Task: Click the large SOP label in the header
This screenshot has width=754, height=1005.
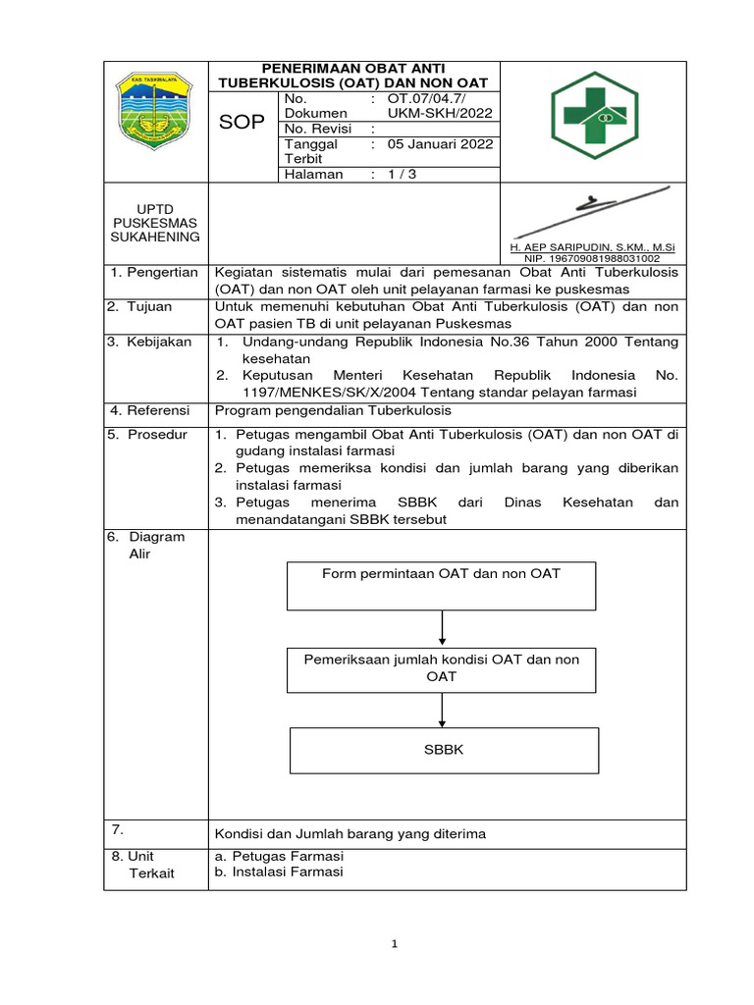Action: pyautogui.click(x=242, y=122)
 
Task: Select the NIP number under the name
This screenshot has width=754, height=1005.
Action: pyautogui.click(x=592, y=258)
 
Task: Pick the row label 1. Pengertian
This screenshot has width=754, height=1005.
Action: pyautogui.click(x=154, y=272)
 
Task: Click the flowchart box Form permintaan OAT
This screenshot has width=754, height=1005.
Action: pyautogui.click(x=441, y=585)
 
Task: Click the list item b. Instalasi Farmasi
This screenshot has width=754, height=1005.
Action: pyautogui.click(x=279, y=872)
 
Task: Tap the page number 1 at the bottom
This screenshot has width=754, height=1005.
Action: pyautogui.click(x=394, y=944)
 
